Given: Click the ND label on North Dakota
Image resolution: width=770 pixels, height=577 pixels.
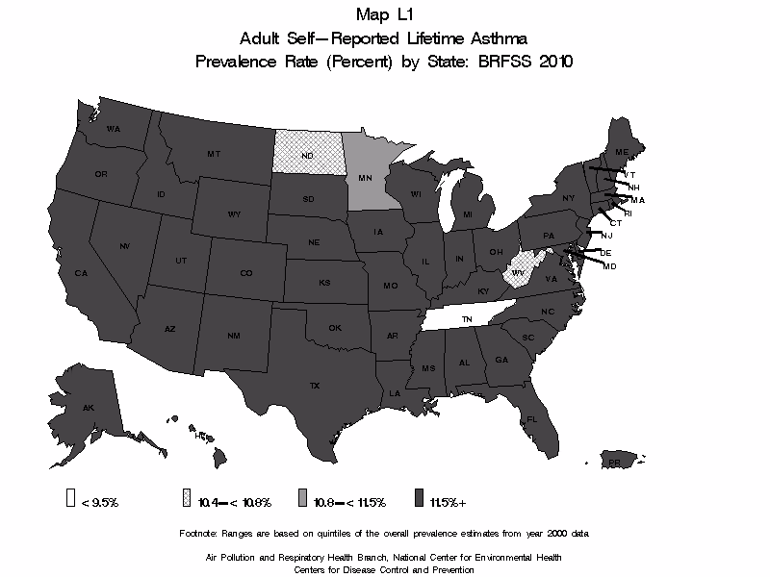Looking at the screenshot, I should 307,156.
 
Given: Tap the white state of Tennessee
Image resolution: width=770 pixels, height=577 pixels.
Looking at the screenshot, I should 466,318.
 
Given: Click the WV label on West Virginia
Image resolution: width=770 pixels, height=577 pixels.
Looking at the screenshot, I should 517,273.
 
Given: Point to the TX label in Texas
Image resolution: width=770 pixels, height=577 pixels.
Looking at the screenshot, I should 314,385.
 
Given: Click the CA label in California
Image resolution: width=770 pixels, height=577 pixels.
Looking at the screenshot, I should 81,273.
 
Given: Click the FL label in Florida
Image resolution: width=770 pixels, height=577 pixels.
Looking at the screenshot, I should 530,419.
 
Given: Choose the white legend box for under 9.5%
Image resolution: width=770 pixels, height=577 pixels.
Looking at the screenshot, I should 71,501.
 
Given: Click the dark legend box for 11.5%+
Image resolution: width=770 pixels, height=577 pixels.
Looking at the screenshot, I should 422,501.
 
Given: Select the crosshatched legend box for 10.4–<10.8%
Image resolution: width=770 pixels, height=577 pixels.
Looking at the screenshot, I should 187,501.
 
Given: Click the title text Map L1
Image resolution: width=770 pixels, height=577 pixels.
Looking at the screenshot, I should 383,14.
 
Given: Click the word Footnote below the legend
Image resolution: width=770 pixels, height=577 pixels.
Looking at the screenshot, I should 199,532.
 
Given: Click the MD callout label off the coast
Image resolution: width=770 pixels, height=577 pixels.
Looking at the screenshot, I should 609,265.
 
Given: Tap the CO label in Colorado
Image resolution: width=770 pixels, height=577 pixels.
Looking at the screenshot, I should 246,273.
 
